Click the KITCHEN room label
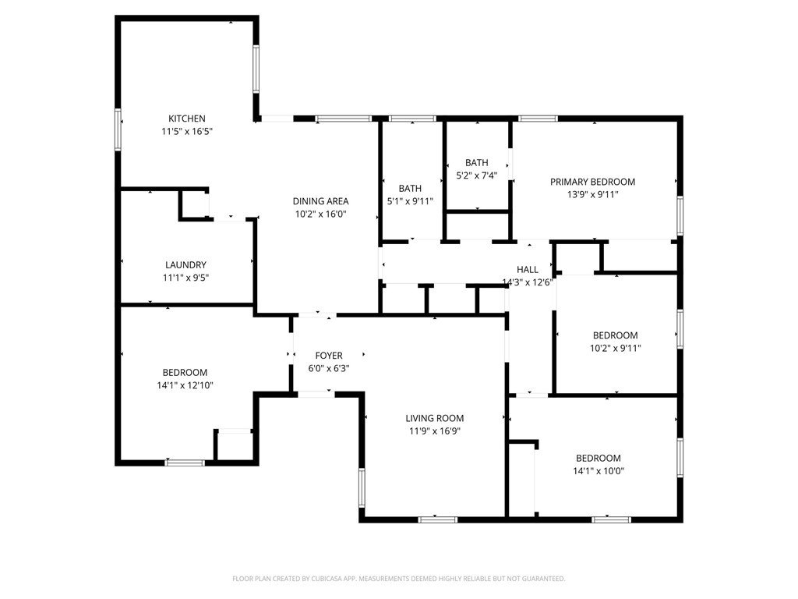tap(187, 119)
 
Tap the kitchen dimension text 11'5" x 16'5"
tap(187, 131)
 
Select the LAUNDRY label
tap(185, 265)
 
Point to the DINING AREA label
tap(320, 201)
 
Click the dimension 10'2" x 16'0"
tap(320, 214)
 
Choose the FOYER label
tap(329, 356)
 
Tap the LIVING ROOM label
tap(435, 418)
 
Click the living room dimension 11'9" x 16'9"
tap(435, 431)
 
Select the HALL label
tap(528, 269)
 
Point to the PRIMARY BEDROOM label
tap(592, 182)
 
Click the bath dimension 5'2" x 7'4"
tap(477, 175)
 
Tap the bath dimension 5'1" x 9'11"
tap(410, 201)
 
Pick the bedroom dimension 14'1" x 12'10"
tap(185, 385)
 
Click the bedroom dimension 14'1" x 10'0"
tap(598, 471)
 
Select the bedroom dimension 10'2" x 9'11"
tap(616, 349)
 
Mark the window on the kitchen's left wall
tap(118, 129)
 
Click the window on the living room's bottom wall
tap(438, 519)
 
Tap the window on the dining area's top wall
tap(343, 119)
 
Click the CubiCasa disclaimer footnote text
tap(398, 579)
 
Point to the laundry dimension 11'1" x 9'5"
tap(185, 278)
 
